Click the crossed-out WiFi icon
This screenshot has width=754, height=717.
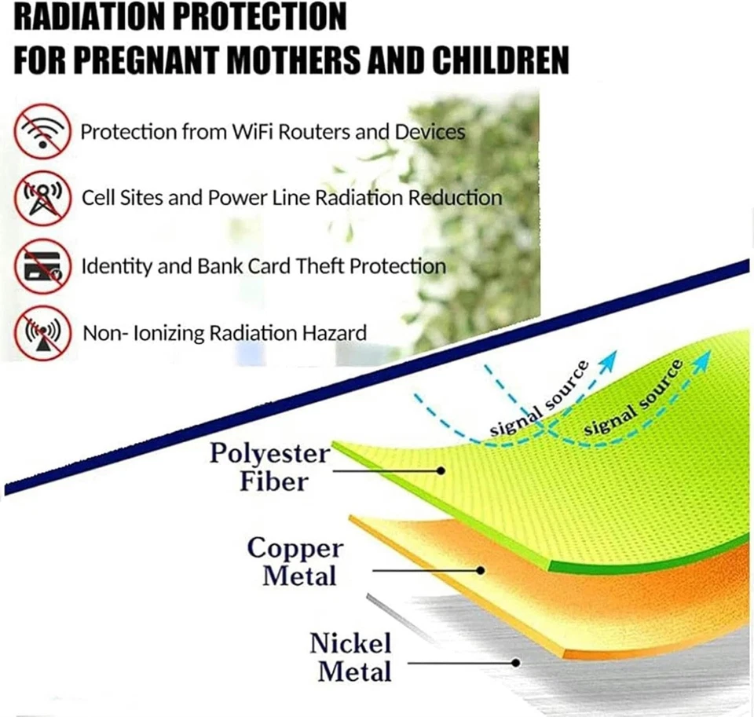[x=42, y=131]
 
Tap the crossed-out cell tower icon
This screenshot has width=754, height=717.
[x=42, y=198]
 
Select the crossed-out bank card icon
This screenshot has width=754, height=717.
[x=42, y=266]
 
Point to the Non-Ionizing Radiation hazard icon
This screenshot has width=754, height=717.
[x=42, y=333]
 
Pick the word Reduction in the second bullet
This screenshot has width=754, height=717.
[x=455, y=198]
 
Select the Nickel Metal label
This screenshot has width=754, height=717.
[x=351, y=657]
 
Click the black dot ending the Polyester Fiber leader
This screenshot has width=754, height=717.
[x=441, y=470]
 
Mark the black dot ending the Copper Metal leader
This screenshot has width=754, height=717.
[x=481, y=571]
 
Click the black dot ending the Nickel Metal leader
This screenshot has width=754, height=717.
[x=516, y=663]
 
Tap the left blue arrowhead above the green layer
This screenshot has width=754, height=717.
[x=609, y=360]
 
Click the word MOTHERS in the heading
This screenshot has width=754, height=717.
[x=294, y=60]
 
